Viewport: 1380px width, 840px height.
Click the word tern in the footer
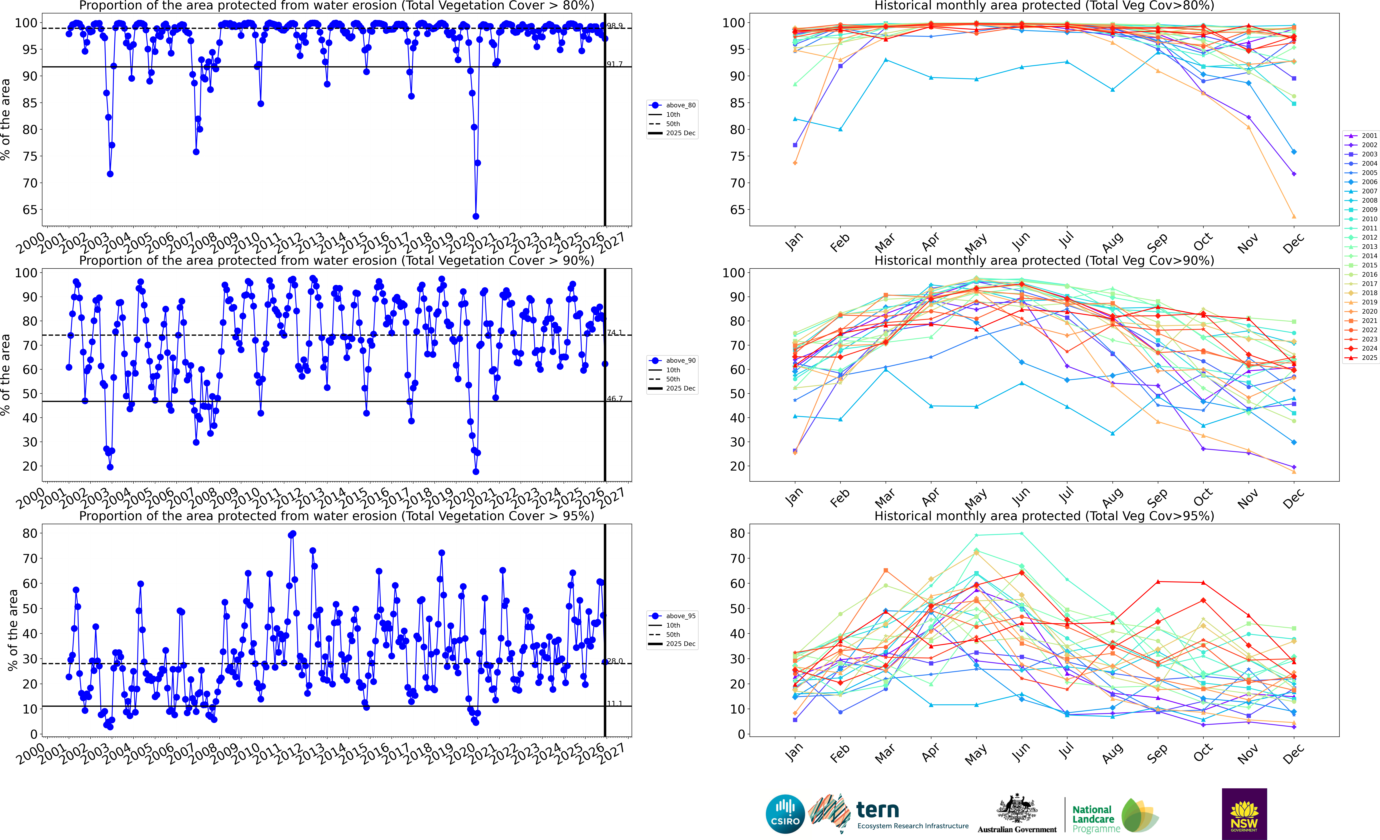(878, 810)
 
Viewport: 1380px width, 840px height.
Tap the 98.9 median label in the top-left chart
(614, 26)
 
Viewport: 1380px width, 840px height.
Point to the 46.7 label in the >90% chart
(614, 399)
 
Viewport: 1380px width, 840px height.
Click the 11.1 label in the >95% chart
(614, 703)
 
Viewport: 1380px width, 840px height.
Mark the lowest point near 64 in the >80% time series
(476, 216)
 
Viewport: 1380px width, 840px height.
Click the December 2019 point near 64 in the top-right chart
(1294, 216)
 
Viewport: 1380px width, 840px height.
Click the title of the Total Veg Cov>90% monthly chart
(1044, 260)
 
